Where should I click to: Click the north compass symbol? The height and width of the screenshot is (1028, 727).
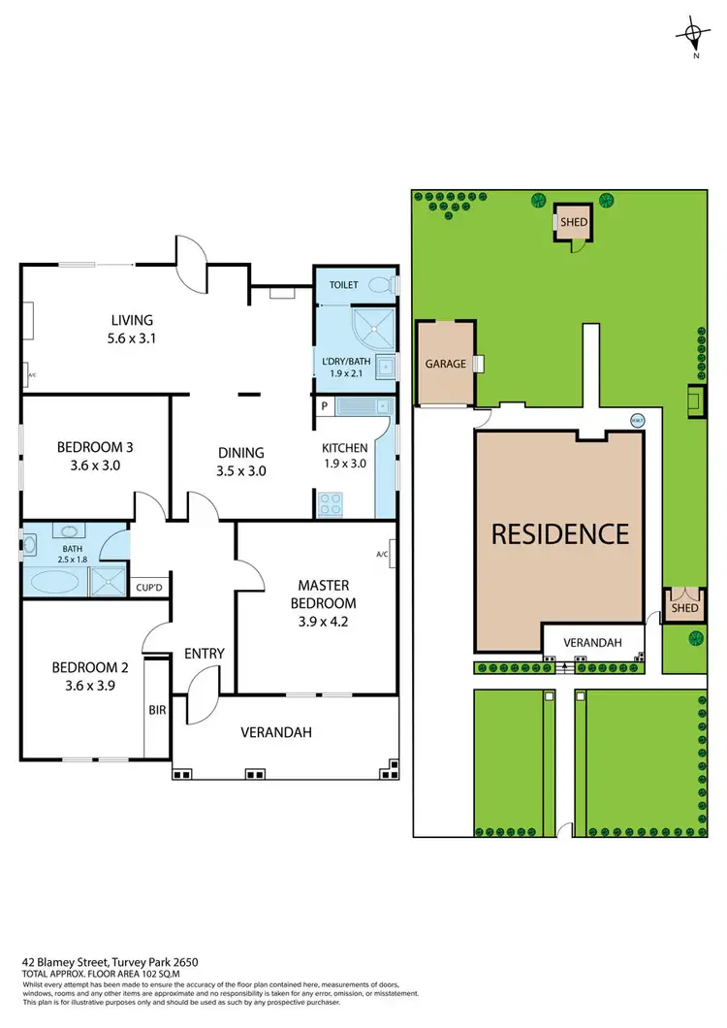(x=695, y=36)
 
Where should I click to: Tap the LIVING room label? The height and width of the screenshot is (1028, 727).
(x=132, y=320)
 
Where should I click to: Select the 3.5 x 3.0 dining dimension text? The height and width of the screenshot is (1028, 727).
(x=241, y=471)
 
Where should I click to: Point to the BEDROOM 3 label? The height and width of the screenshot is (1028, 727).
(x=95, y=447)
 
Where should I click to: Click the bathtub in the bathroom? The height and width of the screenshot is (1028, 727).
(x=55, y=582)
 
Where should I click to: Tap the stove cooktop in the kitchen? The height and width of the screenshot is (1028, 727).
(x=330, y=503)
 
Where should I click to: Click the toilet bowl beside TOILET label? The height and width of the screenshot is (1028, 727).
(x=390, y=285)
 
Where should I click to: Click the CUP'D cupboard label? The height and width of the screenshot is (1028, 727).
(x=148, y=588)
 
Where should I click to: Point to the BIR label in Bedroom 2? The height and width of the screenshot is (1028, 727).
(x=156, y=711)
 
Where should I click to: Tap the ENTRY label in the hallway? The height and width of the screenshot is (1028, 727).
(x=204, y=654)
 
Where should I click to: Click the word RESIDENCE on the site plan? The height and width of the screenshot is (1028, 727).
(x=559, y=533)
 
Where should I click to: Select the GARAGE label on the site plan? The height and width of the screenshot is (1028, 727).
(x=445, y=365)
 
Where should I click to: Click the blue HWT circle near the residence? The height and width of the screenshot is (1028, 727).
(x=636, y=420)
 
